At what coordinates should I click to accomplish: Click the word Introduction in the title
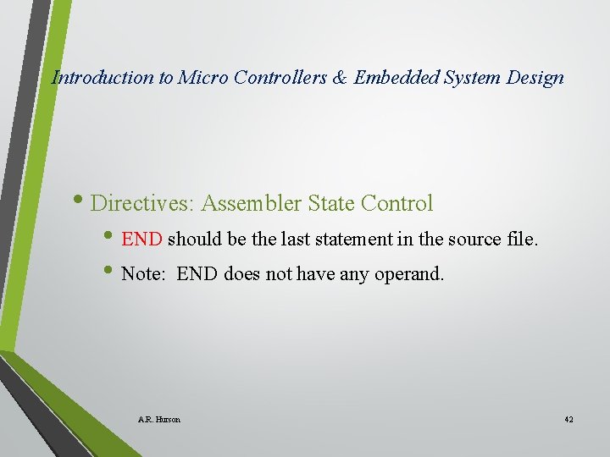(x=103, y=78)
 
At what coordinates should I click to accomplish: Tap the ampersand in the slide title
(x=339, y=78)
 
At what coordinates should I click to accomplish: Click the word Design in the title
(x=535, y=78)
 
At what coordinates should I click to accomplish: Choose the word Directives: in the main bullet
(x=142, y=204)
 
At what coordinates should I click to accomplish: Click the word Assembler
(x=252, y=204)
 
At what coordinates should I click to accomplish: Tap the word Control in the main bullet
(x=396, y=204)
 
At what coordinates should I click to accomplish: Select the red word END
(x=141, y=240)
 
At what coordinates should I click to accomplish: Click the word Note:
(x=145, y=274)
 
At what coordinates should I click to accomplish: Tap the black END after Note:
(x=198, y=274)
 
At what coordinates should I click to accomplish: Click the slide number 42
(x=568, y=420)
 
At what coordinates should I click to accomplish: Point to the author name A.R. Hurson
(x=158, y=420)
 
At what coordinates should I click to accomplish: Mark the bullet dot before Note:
(x=114, y=273)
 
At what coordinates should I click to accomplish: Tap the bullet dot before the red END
(x=114, y=238)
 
